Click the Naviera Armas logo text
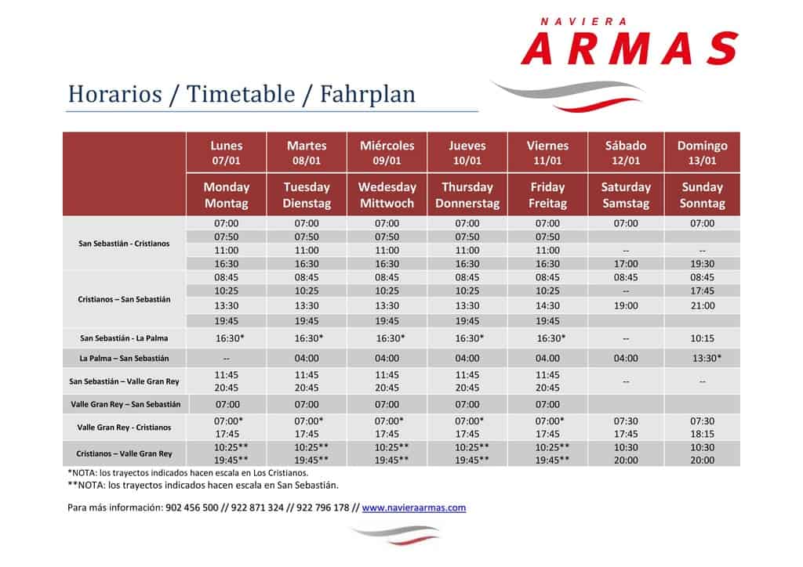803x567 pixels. click(630, 42)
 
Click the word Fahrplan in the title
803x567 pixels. click(367, 95)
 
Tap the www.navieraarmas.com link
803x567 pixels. click(414, 507)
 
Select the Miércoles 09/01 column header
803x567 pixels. click(387, 153)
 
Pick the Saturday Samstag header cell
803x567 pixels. click(626, 195)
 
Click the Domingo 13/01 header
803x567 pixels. click(702, 153)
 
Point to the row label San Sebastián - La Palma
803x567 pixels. click(124, 338)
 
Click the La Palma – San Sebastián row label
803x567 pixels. click(124, 359)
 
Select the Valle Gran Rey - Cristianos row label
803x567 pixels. click(124, 428)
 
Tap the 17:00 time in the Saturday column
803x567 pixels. click(626, 264)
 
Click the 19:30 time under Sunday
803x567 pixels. click(702, 264)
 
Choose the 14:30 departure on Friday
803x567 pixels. click(547, 305)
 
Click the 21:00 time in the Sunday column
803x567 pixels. click(702, 305)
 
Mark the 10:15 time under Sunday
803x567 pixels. click(702, 338)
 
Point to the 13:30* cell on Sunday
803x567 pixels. click(707, 359)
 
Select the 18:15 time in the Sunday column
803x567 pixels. click(702, 434)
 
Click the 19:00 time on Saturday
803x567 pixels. click(626, 305)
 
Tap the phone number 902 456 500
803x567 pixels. click(192, 507)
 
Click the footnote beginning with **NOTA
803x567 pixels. click(203, 486)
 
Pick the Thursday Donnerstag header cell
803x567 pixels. click(467, 195)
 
